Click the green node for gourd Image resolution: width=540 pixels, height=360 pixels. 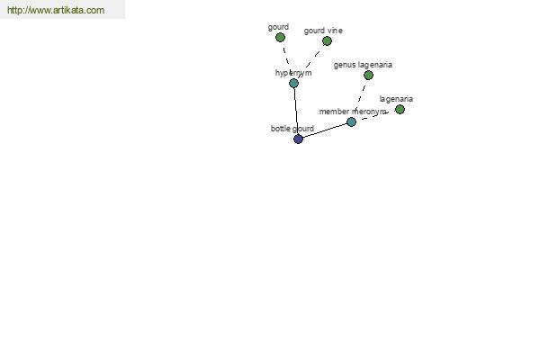[280, 37]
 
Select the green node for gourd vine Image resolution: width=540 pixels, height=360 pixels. [327, 41]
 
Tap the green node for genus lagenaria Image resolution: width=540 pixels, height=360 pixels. [368, 75]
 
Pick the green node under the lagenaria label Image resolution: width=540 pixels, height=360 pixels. [400, 110]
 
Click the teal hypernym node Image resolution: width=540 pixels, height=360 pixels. [293, 84]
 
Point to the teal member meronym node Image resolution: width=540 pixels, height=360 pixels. [351, 122]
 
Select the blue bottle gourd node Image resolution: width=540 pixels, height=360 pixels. [298, 139]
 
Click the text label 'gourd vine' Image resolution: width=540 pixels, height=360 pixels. [323, 31]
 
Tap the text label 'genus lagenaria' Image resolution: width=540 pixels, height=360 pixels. [363, 65]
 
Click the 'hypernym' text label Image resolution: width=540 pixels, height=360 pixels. [293, 73]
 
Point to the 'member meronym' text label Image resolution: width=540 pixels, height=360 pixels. [353, 112]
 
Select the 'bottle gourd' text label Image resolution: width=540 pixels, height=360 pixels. [292, 129]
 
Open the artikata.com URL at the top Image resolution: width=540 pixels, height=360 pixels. [56, 10]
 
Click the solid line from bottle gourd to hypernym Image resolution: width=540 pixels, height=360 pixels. [296, 112]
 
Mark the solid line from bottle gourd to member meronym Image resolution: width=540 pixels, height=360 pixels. [325, 130]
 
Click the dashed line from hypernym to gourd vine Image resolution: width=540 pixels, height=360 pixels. [310, 62]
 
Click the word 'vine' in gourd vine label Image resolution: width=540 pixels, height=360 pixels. [335, 31]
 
